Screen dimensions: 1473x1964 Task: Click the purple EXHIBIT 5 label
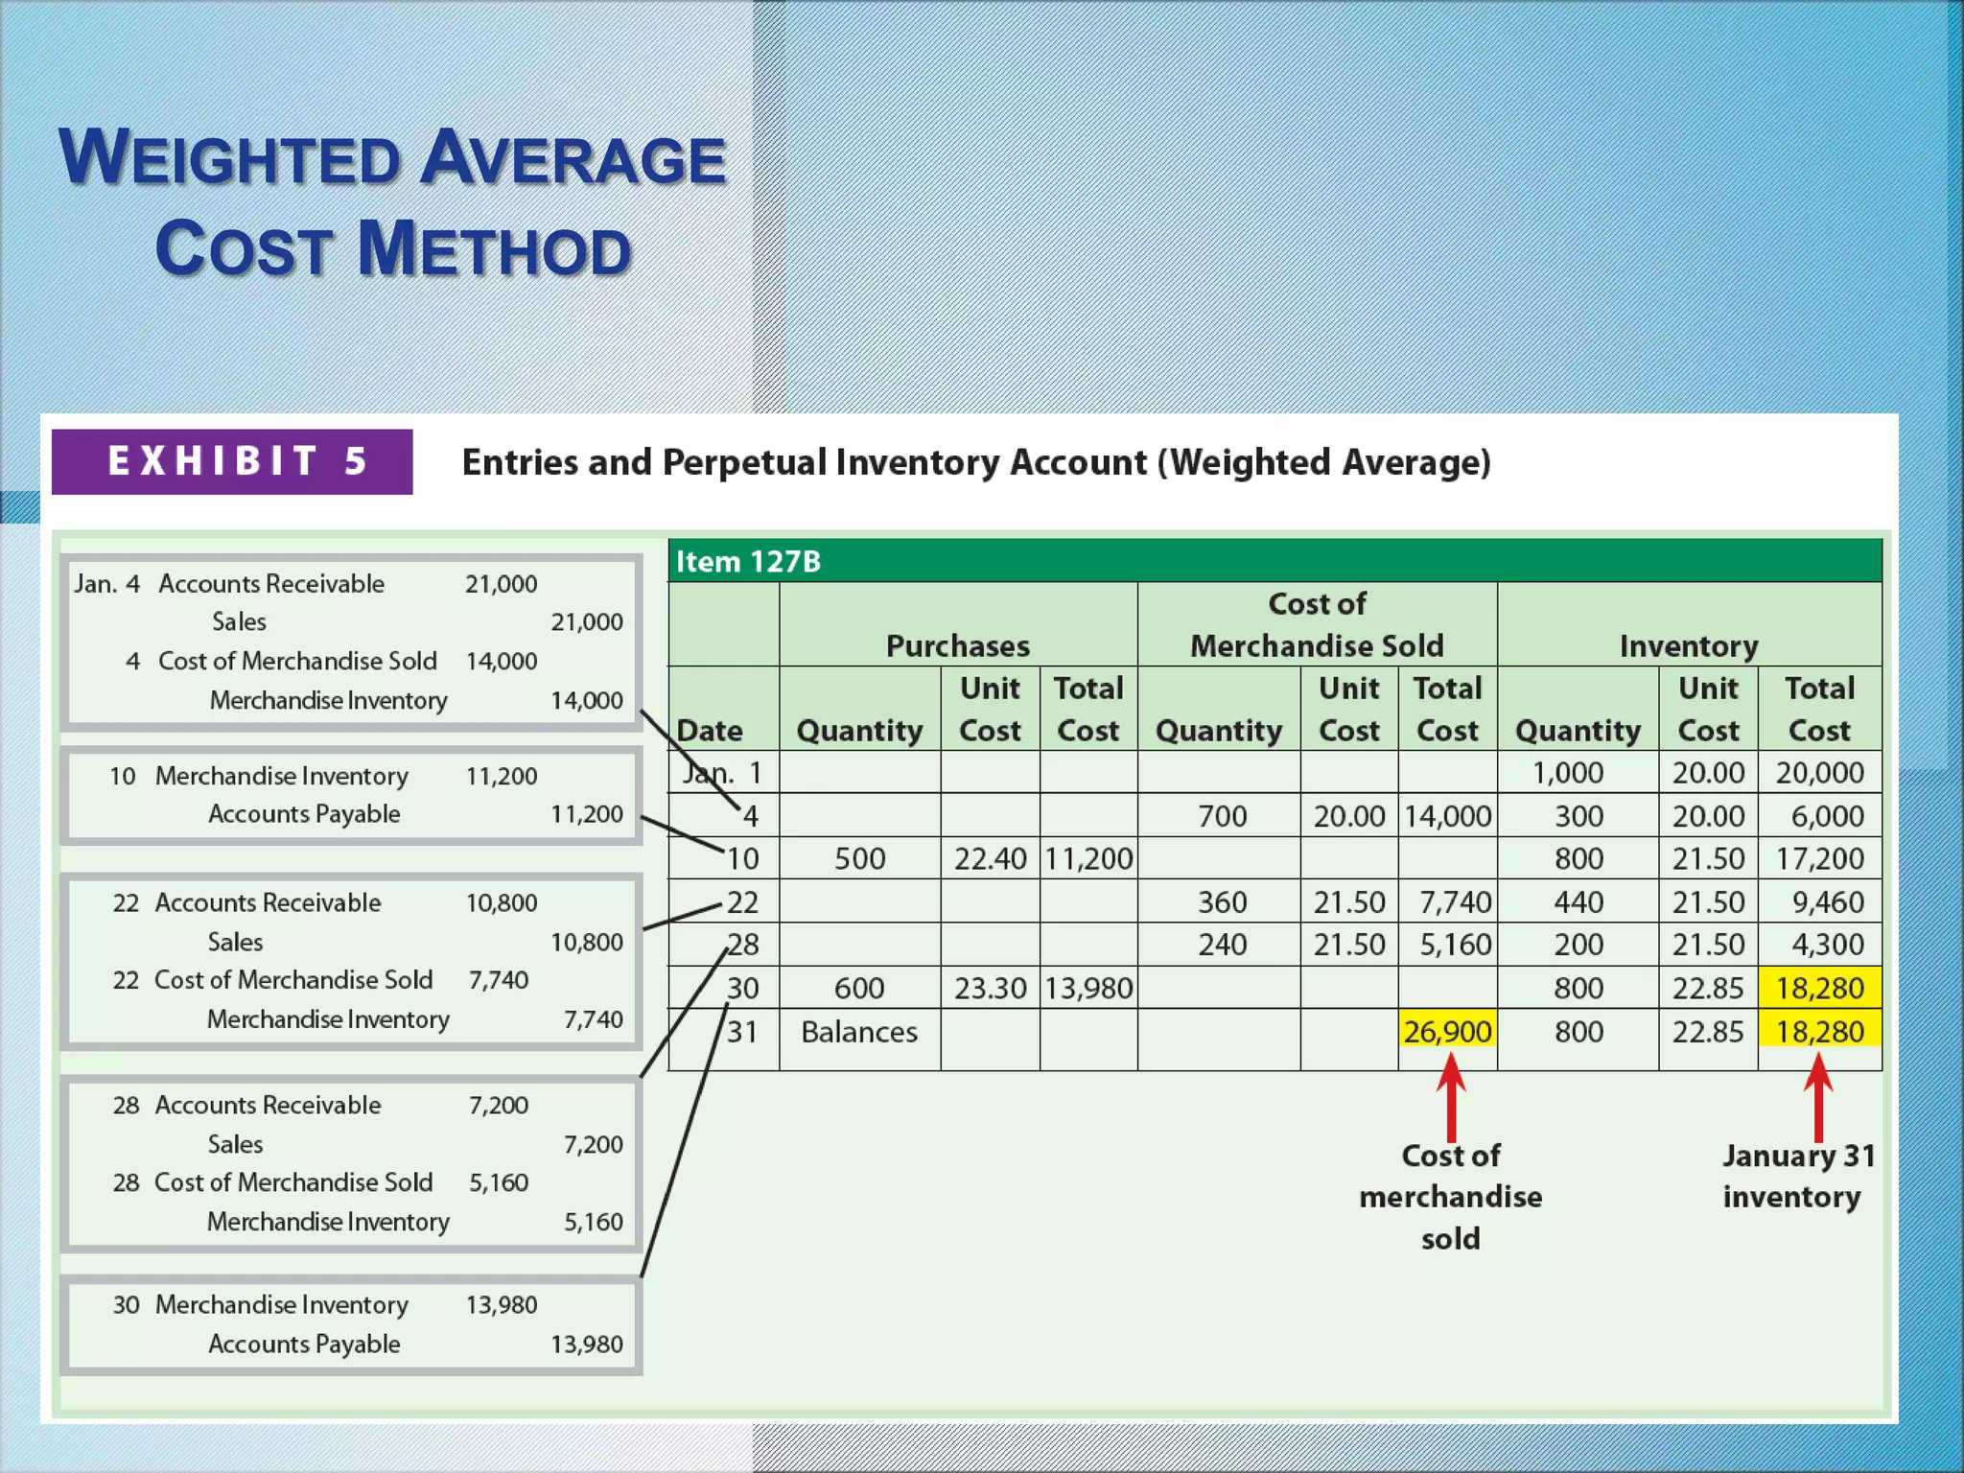coord(232,461)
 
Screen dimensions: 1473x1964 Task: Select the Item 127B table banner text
coord(748,561)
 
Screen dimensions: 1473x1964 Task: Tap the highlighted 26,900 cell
coord(1447,1032)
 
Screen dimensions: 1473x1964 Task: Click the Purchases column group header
coord(957,645)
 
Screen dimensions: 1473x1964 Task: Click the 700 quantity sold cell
coord(1222,816)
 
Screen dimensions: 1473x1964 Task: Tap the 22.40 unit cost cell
coord(990,858)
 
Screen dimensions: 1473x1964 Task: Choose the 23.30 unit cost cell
coord(990,988)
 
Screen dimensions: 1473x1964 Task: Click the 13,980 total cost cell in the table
coord(1088,988)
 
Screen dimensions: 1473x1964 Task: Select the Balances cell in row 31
coord(859,1032)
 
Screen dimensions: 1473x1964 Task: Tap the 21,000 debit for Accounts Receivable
coord(501,584)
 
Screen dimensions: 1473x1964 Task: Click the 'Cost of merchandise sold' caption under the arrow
coord(1450,1196)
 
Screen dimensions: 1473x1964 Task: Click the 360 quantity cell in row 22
coord(1222,902)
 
